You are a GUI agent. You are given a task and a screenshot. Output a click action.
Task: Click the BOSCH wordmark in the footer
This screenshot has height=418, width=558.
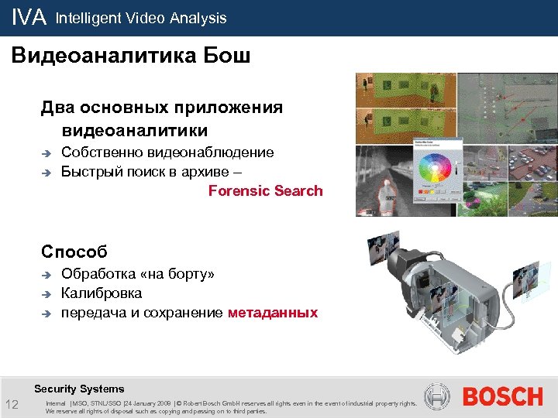click(x=502, y=397)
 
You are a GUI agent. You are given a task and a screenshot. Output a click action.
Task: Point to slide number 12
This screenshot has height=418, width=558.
click(x=12, y=406)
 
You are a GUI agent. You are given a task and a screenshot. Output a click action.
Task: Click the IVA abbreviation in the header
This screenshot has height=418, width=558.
click(x=29, y=18)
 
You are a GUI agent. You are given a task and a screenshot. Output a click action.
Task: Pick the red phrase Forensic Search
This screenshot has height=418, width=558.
click(x=265, y=190)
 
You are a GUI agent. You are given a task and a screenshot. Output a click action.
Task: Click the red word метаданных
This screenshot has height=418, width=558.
click(x=273, y=313)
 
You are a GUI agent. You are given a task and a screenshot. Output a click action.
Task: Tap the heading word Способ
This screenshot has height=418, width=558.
click(x=74, y=252)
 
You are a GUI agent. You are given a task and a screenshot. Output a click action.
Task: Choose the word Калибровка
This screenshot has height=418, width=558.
click(x=101, y=293)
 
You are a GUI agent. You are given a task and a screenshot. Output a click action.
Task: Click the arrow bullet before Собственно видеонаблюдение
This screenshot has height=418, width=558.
click(x=47, y=153)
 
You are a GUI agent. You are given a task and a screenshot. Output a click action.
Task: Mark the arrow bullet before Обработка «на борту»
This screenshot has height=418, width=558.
click(x=47, y=275)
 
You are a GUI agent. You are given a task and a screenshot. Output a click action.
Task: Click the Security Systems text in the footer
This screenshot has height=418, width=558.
click(x=79, y=389)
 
